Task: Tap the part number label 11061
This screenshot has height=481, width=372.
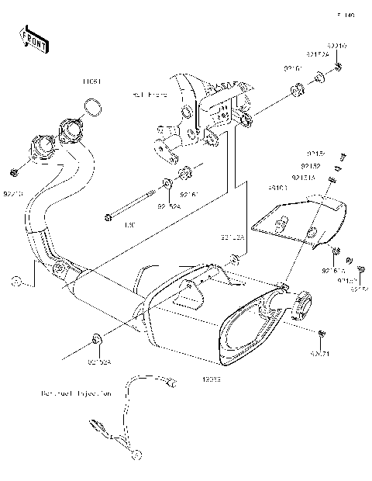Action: coord(93,81)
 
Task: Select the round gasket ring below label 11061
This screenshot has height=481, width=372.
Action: coord(92,106)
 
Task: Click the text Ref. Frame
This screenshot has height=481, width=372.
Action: coord(150,95)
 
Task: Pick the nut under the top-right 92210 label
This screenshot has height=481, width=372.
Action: coord(339,71)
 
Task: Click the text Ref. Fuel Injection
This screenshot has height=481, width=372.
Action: coord(77,393)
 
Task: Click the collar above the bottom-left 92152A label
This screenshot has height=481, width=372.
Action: coord(95,338)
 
